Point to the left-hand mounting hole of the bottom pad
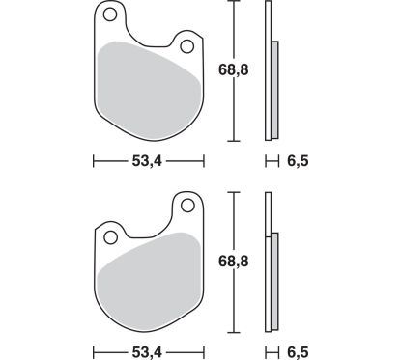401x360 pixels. tap(110, 236)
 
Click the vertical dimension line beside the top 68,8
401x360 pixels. tap(232, 72)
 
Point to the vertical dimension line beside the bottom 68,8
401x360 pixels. tap(232, 261)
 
